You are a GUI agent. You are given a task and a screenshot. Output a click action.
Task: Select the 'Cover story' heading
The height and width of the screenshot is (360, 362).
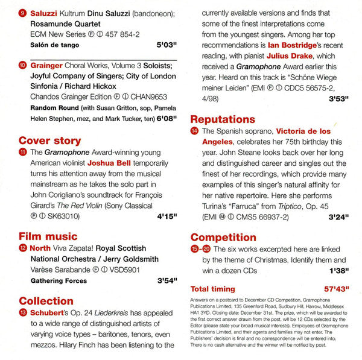(x=49, y=141)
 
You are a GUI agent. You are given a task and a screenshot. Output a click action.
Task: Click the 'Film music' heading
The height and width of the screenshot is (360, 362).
(x=48, y=236)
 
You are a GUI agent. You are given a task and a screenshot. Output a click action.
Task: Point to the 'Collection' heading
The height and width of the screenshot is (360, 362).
(x=46, y=300)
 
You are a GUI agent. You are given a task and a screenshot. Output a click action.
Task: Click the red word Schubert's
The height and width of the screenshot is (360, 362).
(x=51, y=312)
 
